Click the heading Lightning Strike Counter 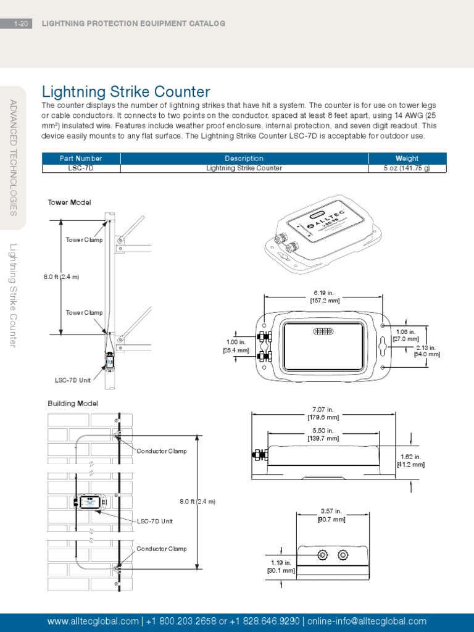125,92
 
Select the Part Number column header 81,159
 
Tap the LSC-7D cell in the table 81,168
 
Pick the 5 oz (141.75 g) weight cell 407,168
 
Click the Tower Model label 69,202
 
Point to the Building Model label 73,404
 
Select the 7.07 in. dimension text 323,409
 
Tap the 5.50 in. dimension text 323,430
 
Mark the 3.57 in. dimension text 331,511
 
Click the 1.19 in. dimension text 280,562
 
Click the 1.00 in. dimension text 236,342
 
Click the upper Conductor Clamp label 161,451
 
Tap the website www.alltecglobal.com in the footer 93,621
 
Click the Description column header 244,159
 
